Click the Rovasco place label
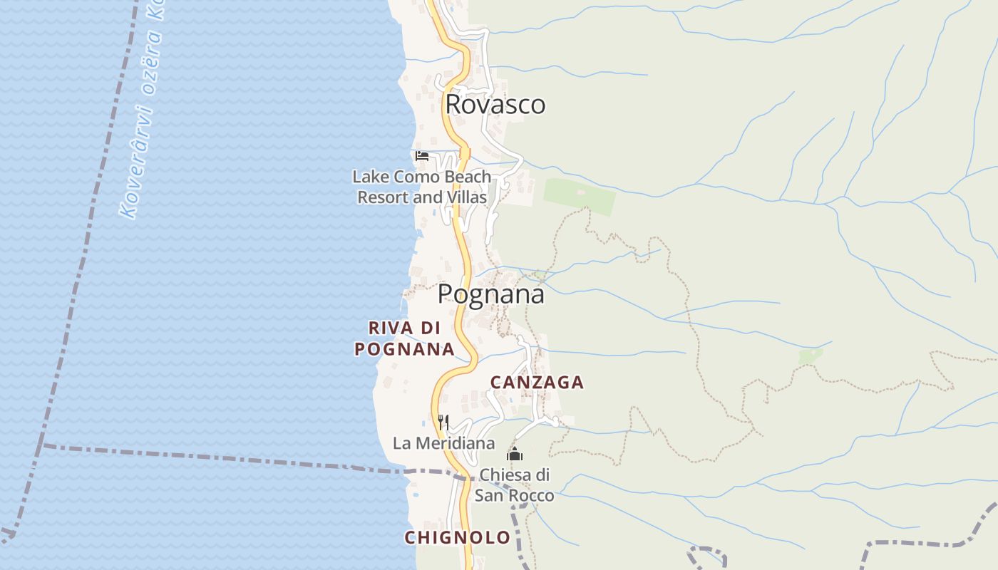coord(495,105)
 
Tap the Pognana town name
coord(490,294)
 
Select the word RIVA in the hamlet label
coord(391,328)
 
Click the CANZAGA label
coord(537,383)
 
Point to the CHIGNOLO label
coord(457,537)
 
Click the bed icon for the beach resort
coord(422,155)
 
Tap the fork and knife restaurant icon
coord(443,422)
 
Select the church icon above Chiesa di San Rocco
coord(514,454)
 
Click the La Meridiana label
coord(443,443)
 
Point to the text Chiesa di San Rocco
coord(514,484)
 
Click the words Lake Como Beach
coord(422,177)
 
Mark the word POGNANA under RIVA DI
coord(404,349)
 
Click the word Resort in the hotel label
coord(383,197)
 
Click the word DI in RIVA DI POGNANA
coord(430,328)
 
